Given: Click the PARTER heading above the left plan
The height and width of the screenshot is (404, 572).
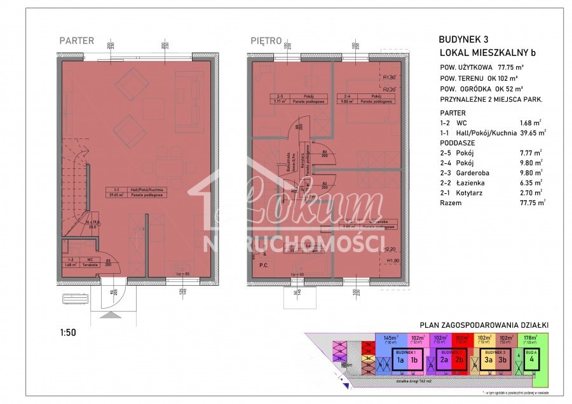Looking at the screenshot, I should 76,41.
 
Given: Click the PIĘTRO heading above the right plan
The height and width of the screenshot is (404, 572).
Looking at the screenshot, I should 266,41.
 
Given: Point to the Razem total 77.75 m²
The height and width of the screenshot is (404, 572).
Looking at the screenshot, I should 531,203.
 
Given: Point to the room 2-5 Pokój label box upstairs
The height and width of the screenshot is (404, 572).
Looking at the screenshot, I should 289,98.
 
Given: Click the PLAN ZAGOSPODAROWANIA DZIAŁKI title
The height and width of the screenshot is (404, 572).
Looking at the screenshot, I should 481,325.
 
